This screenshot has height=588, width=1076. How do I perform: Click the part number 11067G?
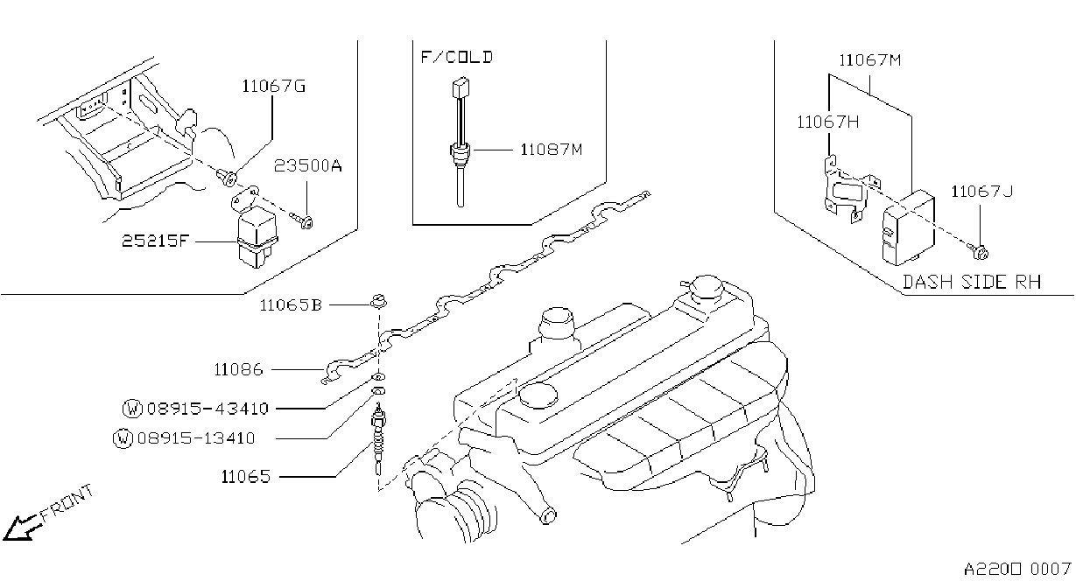point(273,87)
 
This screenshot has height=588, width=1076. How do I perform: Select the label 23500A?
point(308,166)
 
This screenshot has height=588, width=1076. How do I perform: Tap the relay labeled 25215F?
point(257,239)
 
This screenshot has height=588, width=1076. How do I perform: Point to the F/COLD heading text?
point(457,57)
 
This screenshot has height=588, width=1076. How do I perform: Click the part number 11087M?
point(552,150)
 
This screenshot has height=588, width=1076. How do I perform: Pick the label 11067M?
point(870,60)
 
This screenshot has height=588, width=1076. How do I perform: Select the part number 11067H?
point(828,122)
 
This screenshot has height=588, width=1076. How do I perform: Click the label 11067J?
point(981,192)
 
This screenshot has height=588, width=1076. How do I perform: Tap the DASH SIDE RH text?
point(972,282)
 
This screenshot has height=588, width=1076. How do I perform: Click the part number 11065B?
point(291,305)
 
